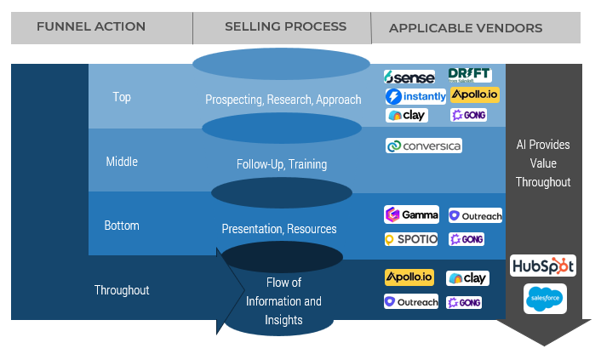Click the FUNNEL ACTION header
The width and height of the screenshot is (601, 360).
click(x=91, y=27)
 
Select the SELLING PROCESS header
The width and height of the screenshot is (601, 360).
click(x=285, y=27)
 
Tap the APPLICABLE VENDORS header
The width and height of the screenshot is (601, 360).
click(x=465, y=28)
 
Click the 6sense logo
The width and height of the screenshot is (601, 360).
click(x=409, y=77)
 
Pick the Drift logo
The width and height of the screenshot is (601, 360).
click(x=469, y=76)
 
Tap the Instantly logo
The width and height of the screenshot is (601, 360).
click(x=415, y=96)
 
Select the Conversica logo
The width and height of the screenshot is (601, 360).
click(x=424, y=146)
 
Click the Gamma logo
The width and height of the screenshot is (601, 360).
click(x=412, y=214)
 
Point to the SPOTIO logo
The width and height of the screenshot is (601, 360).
click(x=411, y=239)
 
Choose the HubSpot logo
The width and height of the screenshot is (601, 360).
click(x=543, y=266)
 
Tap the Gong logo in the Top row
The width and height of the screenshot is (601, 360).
click(x=469, y=115)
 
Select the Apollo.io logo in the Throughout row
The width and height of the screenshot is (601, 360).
click(x=409, y=277)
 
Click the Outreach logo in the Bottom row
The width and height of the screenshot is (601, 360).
click(x=475, y=216)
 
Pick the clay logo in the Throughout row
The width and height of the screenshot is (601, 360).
click(x=467, y=278)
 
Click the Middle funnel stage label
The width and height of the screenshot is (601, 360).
click(x=122, y=162)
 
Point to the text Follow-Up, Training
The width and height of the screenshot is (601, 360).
click(x=282, y=164)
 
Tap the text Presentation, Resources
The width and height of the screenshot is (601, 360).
click(x=279, y=229)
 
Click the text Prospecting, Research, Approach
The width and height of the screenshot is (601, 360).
click(x=283, y=100)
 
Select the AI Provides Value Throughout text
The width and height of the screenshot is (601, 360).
click(x=543, y=163)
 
